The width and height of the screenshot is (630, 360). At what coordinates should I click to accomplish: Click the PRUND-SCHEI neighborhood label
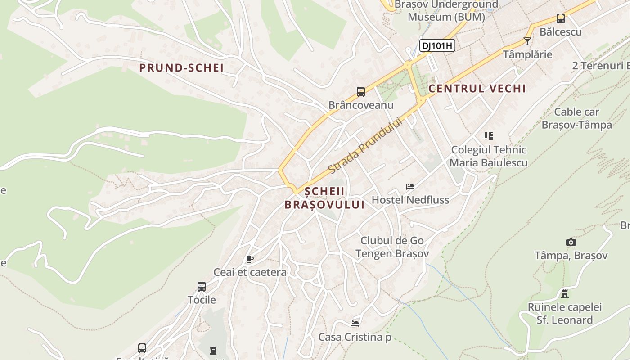tap(181, 68)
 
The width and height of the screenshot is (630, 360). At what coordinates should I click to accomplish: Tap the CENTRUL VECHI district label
tap(477, 89)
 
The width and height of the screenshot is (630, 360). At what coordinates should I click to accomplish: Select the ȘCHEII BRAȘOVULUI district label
tap(324, 198)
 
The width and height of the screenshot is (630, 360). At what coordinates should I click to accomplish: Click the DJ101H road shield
tap(437, 45)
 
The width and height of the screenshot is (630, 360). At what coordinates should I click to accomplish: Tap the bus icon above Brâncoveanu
tap(361, 92)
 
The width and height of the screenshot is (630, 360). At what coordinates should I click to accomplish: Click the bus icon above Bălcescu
tap(560, 18)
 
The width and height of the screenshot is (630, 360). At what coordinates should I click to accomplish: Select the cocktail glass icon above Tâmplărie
tap(527, 41)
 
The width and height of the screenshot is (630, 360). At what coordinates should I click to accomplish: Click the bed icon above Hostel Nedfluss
tap(410, 186)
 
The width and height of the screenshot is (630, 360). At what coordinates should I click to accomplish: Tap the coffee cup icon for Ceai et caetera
tap(250, 259)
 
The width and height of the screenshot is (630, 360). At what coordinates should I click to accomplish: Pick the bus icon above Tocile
tap(202, 287)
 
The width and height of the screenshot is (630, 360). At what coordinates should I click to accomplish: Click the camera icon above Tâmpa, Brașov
tap(571, 243)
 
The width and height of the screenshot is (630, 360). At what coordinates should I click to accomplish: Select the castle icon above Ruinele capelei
tap(564, 294)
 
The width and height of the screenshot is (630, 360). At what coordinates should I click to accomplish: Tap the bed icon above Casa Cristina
tap(355, 323)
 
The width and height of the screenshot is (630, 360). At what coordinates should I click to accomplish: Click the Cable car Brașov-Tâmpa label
tap(576, 118)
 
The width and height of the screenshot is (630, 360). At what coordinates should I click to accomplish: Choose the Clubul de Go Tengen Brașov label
tap(392, 247)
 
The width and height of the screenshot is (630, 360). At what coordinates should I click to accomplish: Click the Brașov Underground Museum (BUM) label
tap(446, 11)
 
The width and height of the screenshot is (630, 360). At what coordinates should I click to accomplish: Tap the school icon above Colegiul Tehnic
tap(489, 136)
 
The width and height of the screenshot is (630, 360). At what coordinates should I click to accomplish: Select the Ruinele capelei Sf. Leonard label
tap(564, 314)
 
